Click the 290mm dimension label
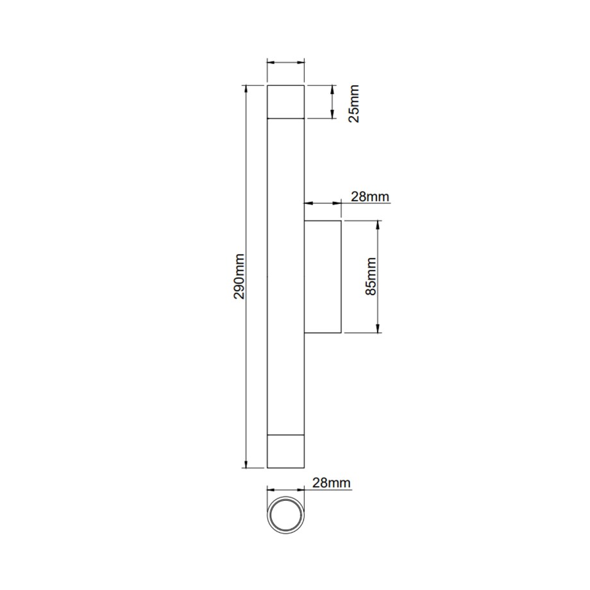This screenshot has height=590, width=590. (x=239, y=276)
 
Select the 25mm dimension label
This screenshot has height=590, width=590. (x=354, y=103)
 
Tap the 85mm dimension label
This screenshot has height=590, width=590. (x=371, y=276)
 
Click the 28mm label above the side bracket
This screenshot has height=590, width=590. (x=370, y=196)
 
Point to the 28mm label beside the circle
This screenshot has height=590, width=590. (x=332, y=483)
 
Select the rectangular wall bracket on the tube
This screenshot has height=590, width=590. (x=323, y=276)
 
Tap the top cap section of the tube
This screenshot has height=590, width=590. (x=285, y=102)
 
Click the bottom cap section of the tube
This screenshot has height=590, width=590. (x=285, y=451)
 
